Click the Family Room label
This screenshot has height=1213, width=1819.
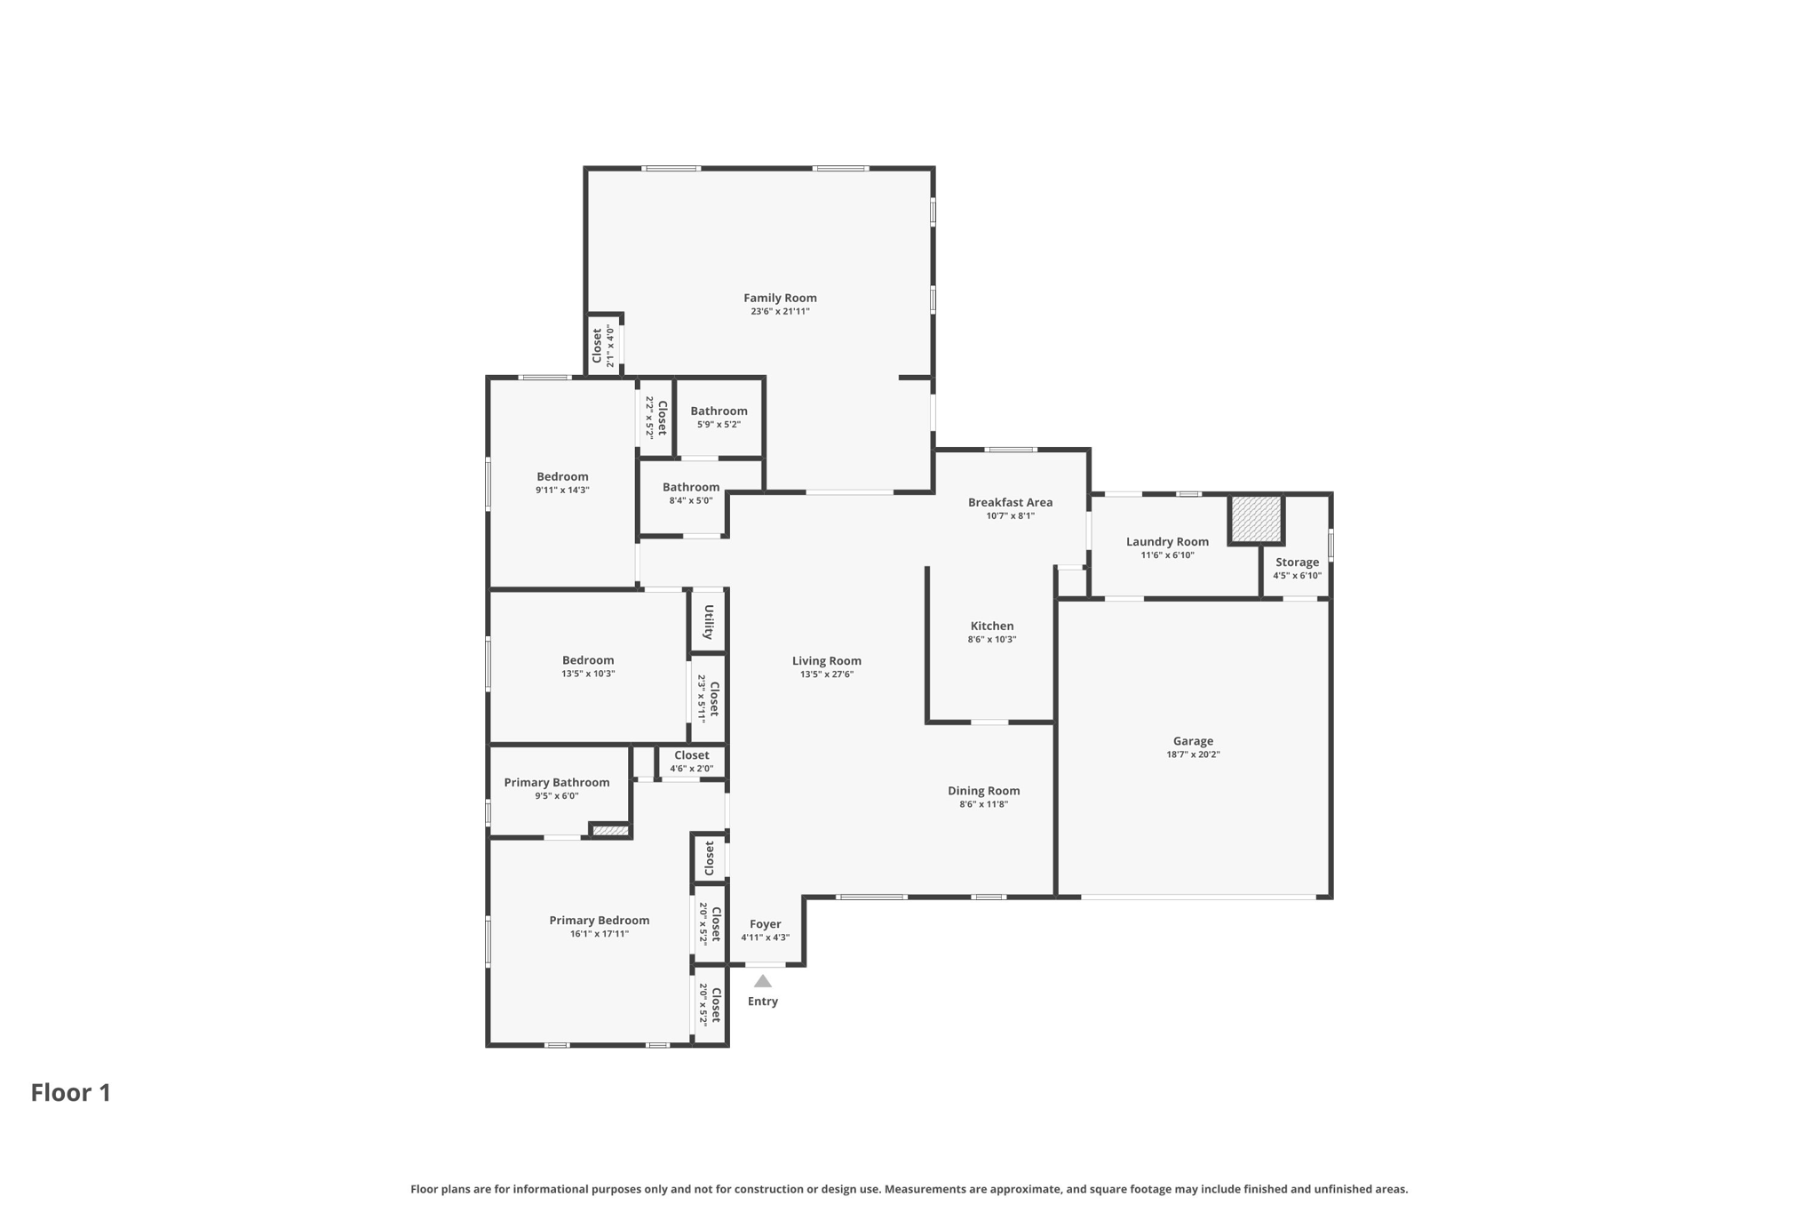click(x=780, y=298)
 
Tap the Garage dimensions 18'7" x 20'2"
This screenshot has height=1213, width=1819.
click(x=1193, y=754)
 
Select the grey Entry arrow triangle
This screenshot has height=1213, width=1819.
click(x=763, y=981)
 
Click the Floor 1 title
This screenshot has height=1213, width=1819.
click(x=71, y=1092)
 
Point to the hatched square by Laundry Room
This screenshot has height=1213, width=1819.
click(x=1256, y=519)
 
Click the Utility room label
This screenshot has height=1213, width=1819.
click(x=709, y=622)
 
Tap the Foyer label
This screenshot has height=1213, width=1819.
click(x=765, y=924)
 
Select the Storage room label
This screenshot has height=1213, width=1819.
click(x=1297, y=562)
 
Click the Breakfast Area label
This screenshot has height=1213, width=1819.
click(x=1010, y=502)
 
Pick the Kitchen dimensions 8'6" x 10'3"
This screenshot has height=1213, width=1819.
click(x=991, y=639)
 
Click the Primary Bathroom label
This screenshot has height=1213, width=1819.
click(x=557, y=782)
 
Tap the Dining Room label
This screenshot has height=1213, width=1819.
click(x=983, y=790)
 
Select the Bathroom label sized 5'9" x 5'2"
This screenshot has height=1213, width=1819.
click(x=719, y=411)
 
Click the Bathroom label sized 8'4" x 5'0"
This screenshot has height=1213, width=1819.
click(x=690, y=487)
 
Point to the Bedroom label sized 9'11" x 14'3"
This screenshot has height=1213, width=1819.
click(x=562, y=476)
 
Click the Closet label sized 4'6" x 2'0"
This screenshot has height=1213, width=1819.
click(x=691, y=755)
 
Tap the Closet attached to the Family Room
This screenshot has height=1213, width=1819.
click(x=598, y=346)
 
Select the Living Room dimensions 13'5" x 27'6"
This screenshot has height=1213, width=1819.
click(x=826, y=674)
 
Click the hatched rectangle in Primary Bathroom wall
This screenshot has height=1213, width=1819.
click(x=610, y=831)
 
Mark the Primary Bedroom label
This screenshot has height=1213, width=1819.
click(x=599, y=920)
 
